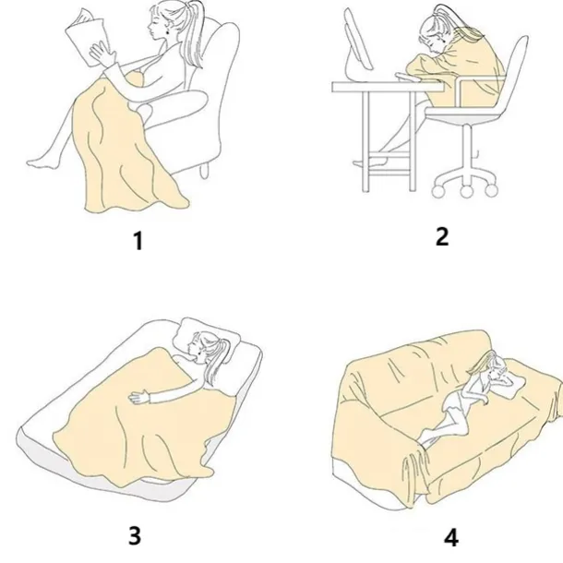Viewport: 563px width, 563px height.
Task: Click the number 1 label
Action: (x=138, y=241)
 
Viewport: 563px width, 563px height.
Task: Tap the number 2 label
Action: (x=442, y=236)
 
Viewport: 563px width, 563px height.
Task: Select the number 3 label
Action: (x=135, y=535)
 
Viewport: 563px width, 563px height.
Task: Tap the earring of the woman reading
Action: (x=167, y=31)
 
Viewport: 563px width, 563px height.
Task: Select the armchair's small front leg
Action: (x=204, y=171)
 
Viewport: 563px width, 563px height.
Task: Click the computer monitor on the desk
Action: (x=357, y=42)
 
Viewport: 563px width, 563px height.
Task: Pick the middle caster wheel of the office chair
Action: (x=466, y=191)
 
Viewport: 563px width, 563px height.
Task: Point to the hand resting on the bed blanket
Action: (x=138, y=397)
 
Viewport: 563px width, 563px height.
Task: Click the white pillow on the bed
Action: (x=206, y=339)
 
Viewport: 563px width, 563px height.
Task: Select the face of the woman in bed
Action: (x=196, y=347)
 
